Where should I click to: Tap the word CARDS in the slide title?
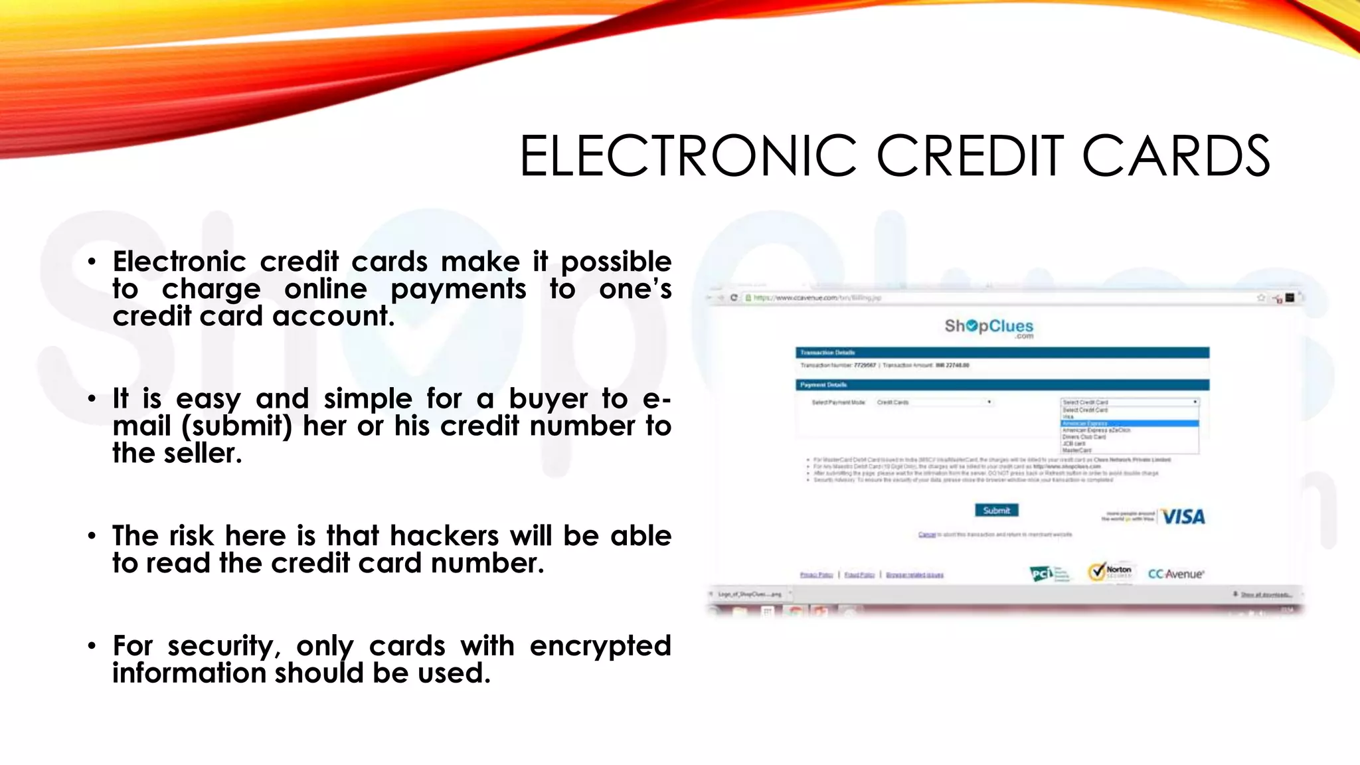tap(1175, 157)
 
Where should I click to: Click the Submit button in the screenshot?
tap(996, 510)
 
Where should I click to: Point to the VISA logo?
tap(1183, 517)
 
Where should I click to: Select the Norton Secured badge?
tap(1110, 572)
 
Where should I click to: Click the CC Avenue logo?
tap(1175, 574)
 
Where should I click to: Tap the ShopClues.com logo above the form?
tap(989, 327)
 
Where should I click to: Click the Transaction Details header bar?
tap(1002, 353)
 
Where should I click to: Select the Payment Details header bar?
tap(1002, 385)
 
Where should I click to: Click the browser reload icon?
tap(734, 297)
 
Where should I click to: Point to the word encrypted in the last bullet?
tap(600, 646)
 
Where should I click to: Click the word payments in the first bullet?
tap(458, 290)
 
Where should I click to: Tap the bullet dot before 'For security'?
tap(92, 645)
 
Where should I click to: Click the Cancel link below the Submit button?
tap(926, 535)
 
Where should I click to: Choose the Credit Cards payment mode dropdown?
tap(933, 402)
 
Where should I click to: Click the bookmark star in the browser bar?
tap(1260, 297)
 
